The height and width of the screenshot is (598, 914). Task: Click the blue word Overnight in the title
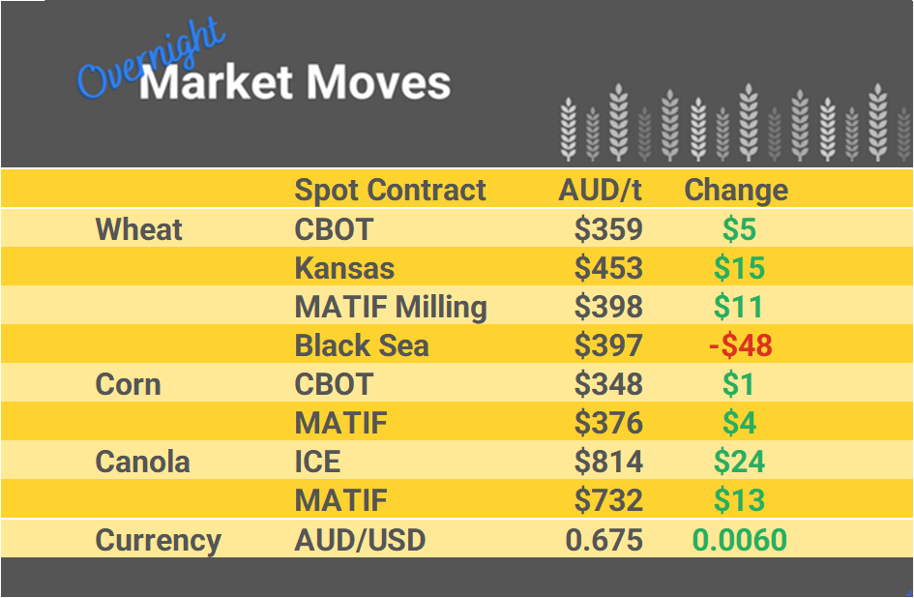pyautogui.click(x=150, y=63)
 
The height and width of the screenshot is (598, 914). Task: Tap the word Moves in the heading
pyautogui.click(x=378, y=83)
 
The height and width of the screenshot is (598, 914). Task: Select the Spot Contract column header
pyautogui.click(x=390, y=190)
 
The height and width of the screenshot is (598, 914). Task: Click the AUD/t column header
pyautogui.click(x=600, y=190)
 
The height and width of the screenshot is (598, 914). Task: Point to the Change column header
pyautogui.click(x=736, y=190)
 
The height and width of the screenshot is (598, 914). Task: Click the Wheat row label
pyautogui.click(x=138, y=229)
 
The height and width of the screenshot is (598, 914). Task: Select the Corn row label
pyautogui.click(x=128, y=384)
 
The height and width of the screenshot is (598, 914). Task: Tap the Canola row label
pyautogui.click(x=142, y=462)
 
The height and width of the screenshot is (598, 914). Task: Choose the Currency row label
pyautogui.click(x=158, y=540)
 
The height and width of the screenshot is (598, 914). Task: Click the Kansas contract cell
pyautogui.click(x=344, y=268)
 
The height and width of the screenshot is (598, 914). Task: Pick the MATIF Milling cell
pyautogui.click(x=390, y=307)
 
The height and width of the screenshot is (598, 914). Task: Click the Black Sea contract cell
pyautogui.click(x=361, y=345)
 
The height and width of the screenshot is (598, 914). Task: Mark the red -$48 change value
pyautogui.click(x=740, y=345)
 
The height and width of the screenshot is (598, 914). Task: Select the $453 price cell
pyautogui.click(x=608, y=268)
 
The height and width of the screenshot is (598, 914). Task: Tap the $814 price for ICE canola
pyautogui.click(x=608, y=462)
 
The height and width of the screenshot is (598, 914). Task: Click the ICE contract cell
pyautogui.click(x=317, y=462)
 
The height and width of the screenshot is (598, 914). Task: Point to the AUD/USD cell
pyautogui.click(x=360, y=540)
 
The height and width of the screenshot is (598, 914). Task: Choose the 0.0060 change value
pyautogui.click(x=740, y=540)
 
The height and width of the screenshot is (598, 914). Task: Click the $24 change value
pyautogui.click(x=739, y=462)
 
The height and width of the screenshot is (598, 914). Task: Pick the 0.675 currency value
pyautogui.click(x=604, y=540)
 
